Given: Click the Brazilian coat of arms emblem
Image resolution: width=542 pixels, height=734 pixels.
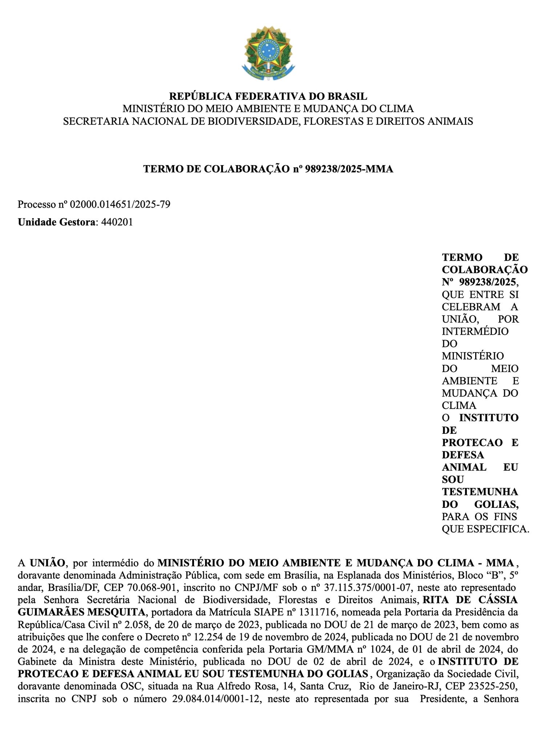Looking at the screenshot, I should coord(268,53).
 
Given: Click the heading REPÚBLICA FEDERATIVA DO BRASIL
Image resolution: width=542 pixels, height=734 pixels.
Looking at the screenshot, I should coord(268,96).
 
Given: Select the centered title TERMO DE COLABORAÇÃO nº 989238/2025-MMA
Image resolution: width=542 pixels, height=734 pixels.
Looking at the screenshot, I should coord(268,169).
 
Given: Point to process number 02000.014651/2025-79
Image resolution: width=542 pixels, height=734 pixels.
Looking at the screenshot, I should coord(120,204).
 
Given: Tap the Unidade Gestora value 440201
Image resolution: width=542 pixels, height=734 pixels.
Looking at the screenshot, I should coord(117,222).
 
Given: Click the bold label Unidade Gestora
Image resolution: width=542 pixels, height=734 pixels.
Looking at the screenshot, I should coord(56,222).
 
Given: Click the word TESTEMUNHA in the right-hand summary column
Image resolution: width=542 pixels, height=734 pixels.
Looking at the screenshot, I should coord(480,492).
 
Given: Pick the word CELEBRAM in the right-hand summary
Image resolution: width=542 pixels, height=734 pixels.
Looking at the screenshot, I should coord(471,307).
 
